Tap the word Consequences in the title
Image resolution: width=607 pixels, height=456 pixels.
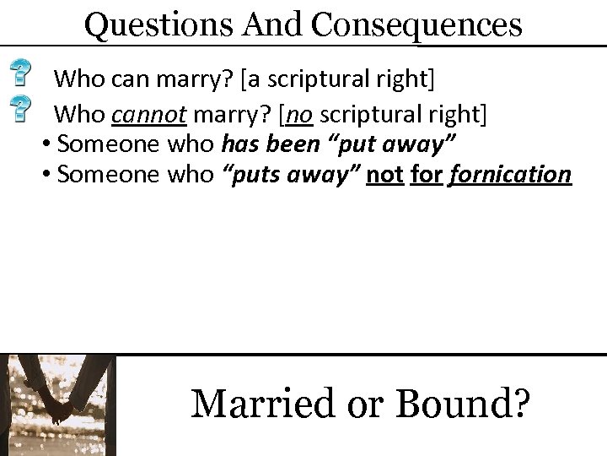click(x=416, y=25)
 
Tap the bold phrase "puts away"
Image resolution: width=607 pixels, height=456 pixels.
click(x=298, y=175)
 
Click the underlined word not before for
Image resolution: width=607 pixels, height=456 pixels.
click(x=384, y=175)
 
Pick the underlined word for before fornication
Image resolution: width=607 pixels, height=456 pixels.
click(x=427, y=175)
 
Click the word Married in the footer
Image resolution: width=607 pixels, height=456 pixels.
click(x=265, y=403)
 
